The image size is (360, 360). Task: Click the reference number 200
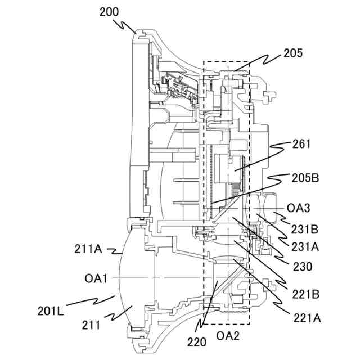[x=111, y=12]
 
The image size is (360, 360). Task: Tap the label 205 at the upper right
[x=293, y=53]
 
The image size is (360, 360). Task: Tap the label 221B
[x=305, y=294]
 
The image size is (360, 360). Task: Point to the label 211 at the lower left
[x=90, y=325]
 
